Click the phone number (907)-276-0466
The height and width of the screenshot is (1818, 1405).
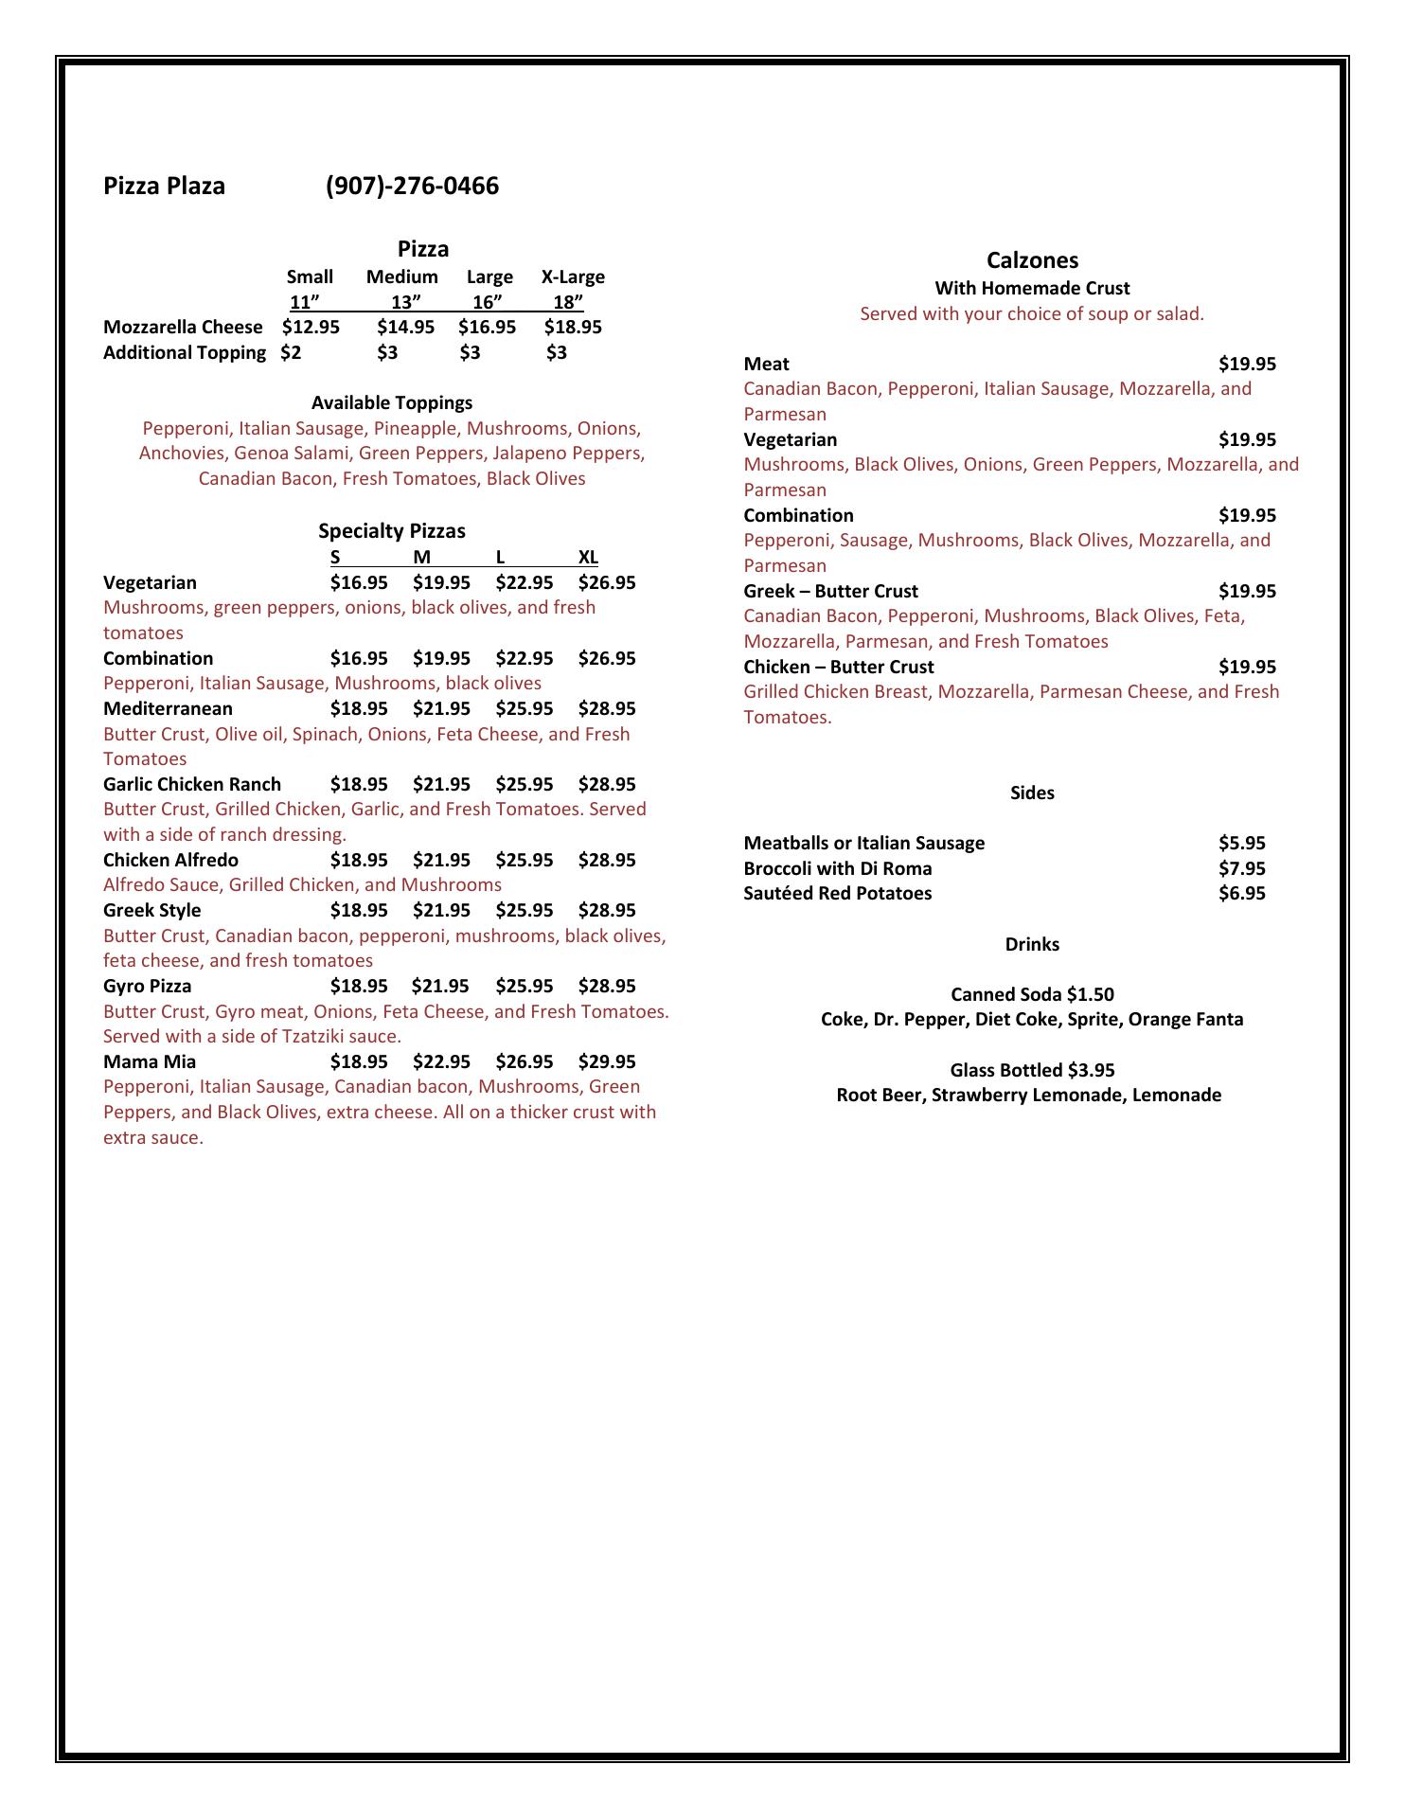point(412,186)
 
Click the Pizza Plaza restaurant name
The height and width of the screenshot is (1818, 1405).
point(164,186)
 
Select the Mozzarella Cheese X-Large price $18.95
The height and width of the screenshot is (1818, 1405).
point(573,328)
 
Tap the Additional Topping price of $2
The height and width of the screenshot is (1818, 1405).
point(291,353)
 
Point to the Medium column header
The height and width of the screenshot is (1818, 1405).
point(402,277)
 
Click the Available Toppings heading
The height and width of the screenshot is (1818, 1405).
point(392,403)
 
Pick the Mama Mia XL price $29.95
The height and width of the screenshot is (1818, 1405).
point(607,1062)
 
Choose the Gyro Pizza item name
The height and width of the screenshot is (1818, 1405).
point(148,987)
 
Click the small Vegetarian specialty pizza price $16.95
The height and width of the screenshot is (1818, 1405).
point(359,583)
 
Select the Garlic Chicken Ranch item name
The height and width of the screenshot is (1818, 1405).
point(192,785)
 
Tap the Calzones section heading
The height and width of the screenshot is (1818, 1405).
point(1032,260)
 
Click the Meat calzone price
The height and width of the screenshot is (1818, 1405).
point(1247,365)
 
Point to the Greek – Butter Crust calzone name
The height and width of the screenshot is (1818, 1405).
point(830,592)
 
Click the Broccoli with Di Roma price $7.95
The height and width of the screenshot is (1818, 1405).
point(1241,869)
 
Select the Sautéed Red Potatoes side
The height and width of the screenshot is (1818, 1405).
point(838,894)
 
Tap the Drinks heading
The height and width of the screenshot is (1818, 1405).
point(1032,945)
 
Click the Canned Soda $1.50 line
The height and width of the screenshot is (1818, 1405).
point(1032,995)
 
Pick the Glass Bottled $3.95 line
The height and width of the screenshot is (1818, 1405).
point(1032,1071)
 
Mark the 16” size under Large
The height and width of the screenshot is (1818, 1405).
point(488,302)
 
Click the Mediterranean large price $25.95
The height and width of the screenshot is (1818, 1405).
point(525,709)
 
